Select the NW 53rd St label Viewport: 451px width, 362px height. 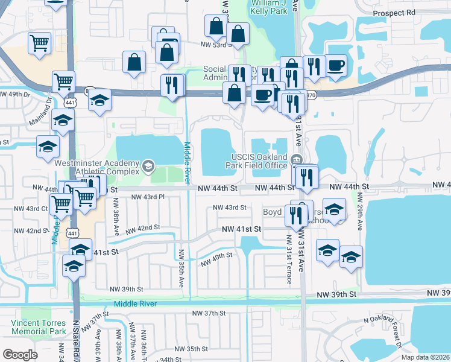tap(216, 45)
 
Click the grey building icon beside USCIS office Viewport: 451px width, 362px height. tap(296, 159)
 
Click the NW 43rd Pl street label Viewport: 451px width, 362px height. tap(147, 197)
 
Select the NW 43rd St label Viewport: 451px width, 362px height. tap(230, 208)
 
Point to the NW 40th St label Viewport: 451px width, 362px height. tap(216, 258)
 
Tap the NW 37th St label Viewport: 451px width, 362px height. tap(209, 313)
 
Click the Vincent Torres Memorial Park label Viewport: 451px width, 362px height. tap(38, 327)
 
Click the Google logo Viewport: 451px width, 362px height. tap(20, 354)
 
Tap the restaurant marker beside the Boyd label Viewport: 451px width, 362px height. tap(296, 215)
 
